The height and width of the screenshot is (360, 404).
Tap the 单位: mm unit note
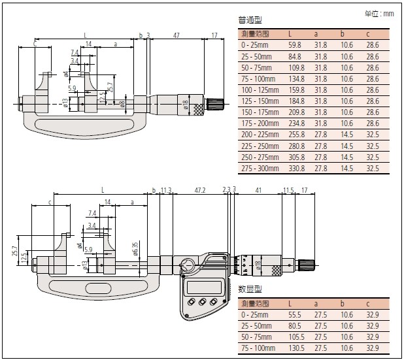point(380,13)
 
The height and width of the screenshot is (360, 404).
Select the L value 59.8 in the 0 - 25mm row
point(294,44)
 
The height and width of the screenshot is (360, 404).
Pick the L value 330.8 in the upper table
point(295,168)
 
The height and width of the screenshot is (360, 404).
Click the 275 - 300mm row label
point(260,168)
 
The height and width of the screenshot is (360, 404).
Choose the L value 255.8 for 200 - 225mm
point(295,134)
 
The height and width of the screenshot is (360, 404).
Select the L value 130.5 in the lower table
point(295,347)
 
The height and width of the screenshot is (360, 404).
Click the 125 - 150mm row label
point(260,101)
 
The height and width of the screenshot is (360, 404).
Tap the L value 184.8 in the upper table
point(295,101)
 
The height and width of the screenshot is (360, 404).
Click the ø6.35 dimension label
point(135,250)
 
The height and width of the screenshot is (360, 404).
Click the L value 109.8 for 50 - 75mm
point(295,67)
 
